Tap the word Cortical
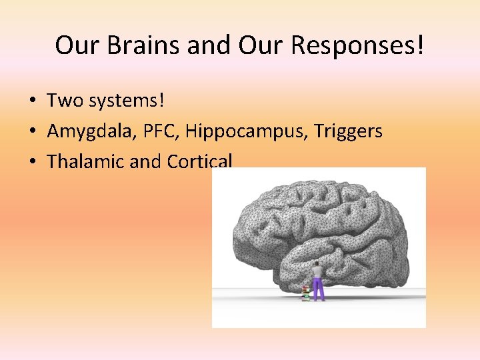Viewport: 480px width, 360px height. tap(199, 161)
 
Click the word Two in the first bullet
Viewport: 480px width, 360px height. tap(63, 101)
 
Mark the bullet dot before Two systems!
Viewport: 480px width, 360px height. tap(32, 101)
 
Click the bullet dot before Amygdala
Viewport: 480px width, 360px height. tap(32, 131)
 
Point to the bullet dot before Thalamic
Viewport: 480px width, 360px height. tap(32, 162)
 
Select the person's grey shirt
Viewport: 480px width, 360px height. tap(317, 273)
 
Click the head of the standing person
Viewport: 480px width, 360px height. tap(317, 263)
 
